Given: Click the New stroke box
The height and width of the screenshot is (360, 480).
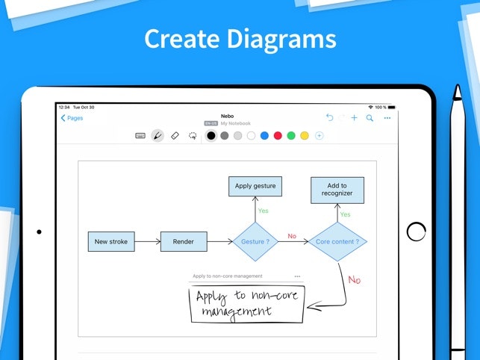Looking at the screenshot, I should pos(111,242).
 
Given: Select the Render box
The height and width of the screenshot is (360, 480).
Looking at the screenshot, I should pos(183,242).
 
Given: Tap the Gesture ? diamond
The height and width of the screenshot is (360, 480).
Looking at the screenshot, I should pos(255,242).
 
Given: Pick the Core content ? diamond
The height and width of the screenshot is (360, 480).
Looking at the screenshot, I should pos(337,242).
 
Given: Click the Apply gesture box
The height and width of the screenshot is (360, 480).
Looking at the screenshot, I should pos(255,186).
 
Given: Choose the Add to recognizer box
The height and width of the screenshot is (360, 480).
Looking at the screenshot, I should pos(337,190).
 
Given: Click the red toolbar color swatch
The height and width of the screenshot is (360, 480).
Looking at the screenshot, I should pos(278,136).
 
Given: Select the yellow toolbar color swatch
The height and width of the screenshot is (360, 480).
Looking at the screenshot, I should pos(305,136).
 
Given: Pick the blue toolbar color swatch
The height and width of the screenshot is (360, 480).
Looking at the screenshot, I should pos(264,136).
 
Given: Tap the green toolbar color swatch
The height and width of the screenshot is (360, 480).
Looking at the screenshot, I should pos(291,136).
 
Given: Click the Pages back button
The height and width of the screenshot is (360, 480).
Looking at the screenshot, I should pos(72,118).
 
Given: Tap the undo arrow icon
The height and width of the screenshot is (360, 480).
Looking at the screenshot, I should pos(330,118).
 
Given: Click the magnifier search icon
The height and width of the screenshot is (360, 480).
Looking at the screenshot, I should pos(370,118).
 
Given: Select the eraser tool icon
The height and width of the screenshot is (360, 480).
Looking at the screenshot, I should pos(175,136).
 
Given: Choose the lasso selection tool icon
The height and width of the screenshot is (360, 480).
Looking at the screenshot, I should pos(193,136).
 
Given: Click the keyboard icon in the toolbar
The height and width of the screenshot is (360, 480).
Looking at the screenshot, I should pos(140,136).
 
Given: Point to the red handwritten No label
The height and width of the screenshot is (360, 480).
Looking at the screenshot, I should pos(354,280).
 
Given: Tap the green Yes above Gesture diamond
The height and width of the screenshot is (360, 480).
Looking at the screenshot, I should pos(263,211).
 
